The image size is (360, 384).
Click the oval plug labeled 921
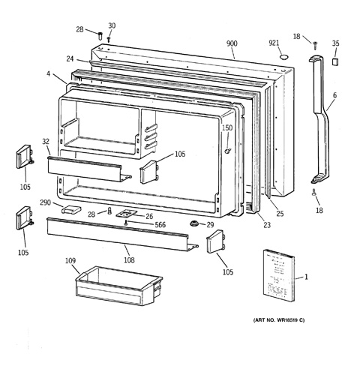tap(283, 58)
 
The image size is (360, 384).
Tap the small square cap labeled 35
tap(335, 61)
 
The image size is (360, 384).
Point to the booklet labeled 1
tap(279, 275)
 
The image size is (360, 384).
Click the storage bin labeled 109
tap(118, 286)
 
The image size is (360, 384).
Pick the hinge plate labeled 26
tap(127, 214)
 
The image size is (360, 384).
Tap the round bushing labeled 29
tap(194, 223)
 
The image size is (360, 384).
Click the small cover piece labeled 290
tap(71, 209)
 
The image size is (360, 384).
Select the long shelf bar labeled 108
tap(122, 235)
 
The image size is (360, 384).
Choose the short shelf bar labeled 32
tap(88, 168)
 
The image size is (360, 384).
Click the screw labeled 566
tap(127, 223)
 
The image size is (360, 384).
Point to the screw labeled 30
tap(109, 40)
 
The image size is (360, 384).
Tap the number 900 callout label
tap(232, 43)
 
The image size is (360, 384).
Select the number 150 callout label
tap(227, 127)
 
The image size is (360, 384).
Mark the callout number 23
tap(267, 225)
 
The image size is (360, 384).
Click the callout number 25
tap(280, 213)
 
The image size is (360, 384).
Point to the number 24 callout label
tap(70, 58)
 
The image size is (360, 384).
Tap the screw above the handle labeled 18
tap(315, 46)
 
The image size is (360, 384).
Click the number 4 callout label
tap(48, 73)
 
